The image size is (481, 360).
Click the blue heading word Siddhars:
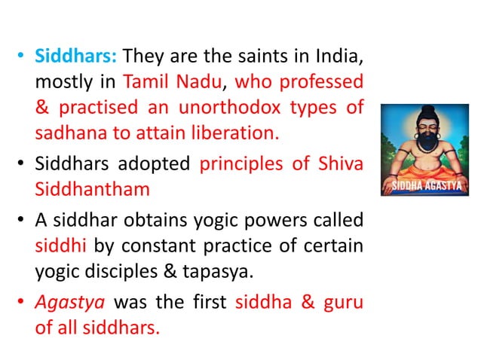(77, 56)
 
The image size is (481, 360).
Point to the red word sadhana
(65, 134)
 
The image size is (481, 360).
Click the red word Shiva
(338, 164)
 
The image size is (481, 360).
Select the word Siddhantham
(92, 190)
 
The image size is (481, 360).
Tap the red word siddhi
(56, 246)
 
